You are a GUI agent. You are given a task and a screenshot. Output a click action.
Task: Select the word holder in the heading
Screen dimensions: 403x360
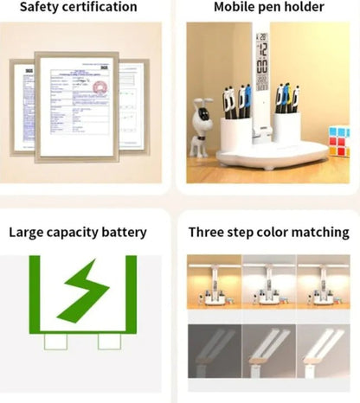coord(305,7)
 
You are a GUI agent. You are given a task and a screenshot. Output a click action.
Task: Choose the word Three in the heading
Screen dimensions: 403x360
coord(207,232)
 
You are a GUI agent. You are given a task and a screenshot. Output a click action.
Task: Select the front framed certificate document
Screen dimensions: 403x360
coord(77,107)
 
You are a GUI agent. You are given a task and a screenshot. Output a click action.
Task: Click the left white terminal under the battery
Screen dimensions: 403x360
coord(56,342)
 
